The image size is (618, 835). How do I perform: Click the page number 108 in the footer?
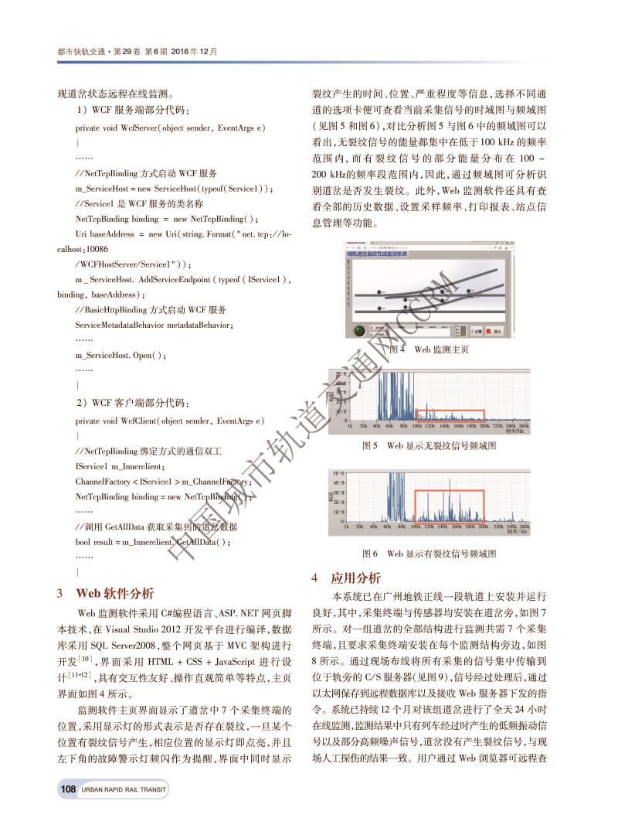(67, 789)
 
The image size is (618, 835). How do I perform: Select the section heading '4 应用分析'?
(347, 578)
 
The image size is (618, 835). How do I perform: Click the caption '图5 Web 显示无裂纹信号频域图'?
(430, 446)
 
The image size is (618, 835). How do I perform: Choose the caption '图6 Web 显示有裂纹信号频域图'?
(430, 554)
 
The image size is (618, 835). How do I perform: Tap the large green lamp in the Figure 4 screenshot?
(360, 331)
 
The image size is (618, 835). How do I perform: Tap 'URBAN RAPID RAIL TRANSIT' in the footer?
(123, 789)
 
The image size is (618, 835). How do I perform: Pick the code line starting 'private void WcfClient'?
(170, 421)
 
